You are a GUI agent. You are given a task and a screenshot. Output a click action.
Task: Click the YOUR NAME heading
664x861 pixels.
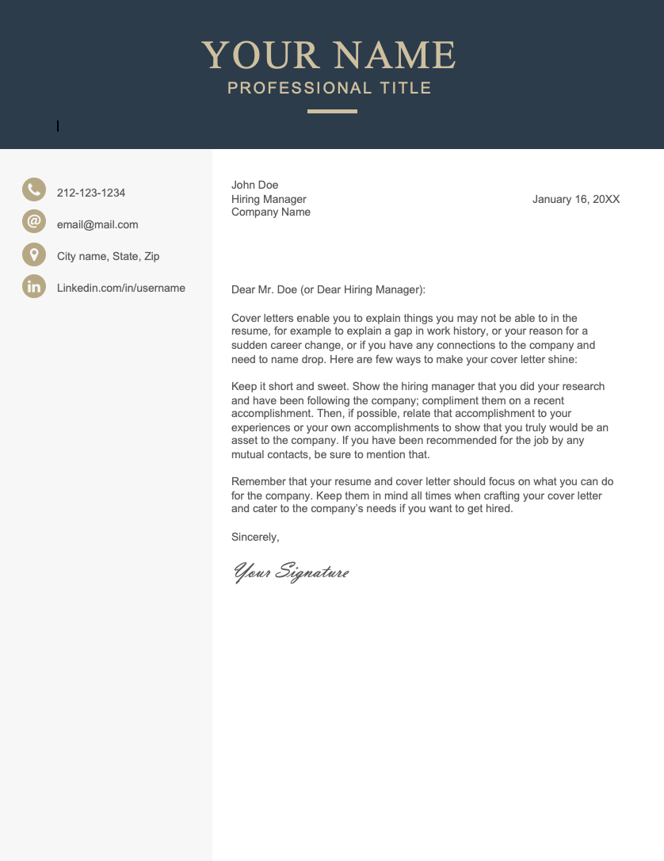[329, 55]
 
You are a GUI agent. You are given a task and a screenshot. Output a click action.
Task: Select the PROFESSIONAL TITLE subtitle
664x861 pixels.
[330, 88]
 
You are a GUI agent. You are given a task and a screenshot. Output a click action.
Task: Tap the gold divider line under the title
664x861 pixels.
[332, 111]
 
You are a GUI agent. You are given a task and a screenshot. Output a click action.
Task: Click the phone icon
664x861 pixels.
[34, 189]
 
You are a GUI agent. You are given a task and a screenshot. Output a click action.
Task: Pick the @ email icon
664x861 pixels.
[34, 221]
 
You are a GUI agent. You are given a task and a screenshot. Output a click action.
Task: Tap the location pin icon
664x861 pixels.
[34, 254]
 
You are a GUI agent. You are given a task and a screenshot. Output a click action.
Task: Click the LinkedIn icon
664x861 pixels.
[34, 286]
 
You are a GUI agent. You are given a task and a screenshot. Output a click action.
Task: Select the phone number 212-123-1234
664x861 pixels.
[91, 193]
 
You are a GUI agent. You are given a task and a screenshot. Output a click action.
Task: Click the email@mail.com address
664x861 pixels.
[97, 224]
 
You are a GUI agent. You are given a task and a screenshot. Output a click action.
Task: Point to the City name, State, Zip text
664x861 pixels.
[109, 256]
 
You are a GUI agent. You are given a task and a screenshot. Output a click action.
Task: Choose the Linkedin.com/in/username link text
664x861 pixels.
[121, 288]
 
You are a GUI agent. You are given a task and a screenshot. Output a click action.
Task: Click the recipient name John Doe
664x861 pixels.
[255, 185]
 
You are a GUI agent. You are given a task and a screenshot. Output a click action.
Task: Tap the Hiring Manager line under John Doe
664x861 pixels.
[269, 199]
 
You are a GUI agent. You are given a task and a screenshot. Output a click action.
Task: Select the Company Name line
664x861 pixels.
[271, 212]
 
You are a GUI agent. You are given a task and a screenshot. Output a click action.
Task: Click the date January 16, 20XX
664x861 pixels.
[576, 199]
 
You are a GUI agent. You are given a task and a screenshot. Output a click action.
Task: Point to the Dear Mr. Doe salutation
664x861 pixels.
[328, 289]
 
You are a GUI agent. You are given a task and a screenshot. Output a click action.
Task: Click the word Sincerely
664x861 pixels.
[255, 537]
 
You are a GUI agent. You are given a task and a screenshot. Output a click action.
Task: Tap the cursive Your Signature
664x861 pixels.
[291, 572]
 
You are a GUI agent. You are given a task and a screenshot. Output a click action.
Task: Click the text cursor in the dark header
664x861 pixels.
[58, 125]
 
